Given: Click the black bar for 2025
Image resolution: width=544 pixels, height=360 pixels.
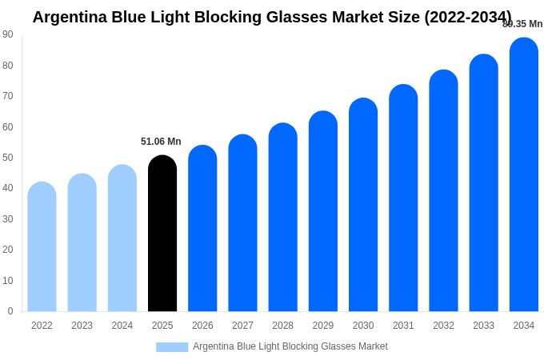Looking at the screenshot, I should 162,234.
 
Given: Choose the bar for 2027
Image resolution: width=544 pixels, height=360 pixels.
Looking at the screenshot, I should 242,223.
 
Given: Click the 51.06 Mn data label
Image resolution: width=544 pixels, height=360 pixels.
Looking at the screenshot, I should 161,142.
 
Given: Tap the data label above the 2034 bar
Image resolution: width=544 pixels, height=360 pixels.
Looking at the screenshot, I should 522,24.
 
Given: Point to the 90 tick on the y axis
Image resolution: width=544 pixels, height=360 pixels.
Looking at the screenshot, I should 8,34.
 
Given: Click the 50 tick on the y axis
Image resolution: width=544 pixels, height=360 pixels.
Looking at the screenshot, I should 8,158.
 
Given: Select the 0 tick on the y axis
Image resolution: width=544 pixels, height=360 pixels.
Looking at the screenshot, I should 10,311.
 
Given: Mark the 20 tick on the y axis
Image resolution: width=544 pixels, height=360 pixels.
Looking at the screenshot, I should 8,250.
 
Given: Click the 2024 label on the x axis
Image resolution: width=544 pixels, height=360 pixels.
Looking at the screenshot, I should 122,326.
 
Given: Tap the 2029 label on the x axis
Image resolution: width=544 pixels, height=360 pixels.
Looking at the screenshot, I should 323,326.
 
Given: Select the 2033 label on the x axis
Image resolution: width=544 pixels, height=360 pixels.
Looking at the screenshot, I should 483,326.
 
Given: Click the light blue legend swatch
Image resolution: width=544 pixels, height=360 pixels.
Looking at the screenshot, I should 172,347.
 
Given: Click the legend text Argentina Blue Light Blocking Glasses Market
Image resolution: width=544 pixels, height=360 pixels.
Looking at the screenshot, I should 290,346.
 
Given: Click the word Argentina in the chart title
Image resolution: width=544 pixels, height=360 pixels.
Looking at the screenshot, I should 68,17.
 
